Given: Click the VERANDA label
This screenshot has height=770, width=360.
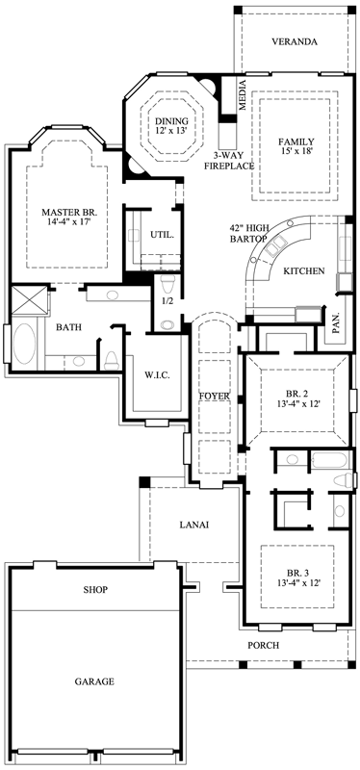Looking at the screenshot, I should [x=294, y=42].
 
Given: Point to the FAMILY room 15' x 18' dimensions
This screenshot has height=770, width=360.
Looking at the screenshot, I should [x=296, y=150].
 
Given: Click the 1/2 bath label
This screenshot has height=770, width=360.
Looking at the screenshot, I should [x=166, y=301].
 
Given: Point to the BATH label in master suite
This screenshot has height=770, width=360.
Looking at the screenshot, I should [x=68, y=327].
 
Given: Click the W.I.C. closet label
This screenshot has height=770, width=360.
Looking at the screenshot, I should [x=157, y=375].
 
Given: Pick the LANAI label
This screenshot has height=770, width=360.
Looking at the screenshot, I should [x=194, y=525].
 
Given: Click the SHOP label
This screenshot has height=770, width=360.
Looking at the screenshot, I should [x=94, y=589].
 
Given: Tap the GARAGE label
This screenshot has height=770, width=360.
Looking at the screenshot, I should [x=94, y=680].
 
